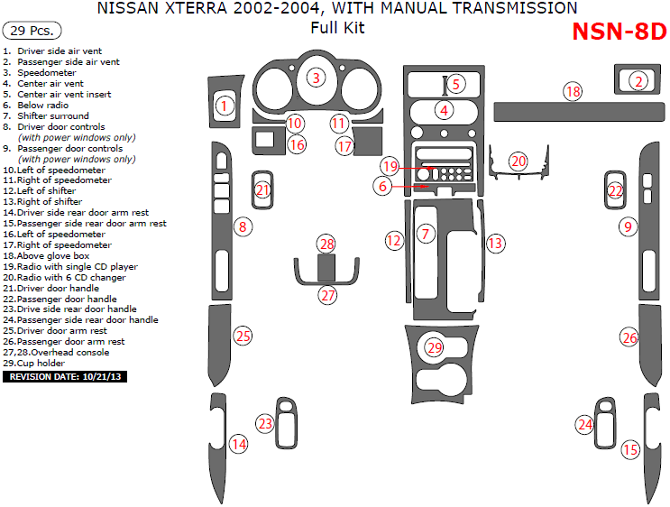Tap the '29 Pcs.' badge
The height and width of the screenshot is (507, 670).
pyautogui.click(x=32, y=31)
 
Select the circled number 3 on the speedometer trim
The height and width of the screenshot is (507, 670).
pyautogui.click(x=316, y=78)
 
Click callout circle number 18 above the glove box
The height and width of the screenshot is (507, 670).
pyautogui.click(x=573, y=91)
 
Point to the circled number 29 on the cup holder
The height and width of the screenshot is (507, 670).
pyautogui.click(x=435, y=347)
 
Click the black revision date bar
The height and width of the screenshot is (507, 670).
pyautogui.click(x=66, y=376)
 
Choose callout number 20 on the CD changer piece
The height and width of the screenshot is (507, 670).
pyautogui.click(x=518, y=161)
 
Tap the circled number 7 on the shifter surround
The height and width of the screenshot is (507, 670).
pyautogui.click(x=426, y=234)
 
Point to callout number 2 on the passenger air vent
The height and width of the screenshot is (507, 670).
pyautogui.click(x=638, y=81)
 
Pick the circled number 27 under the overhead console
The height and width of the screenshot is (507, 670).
pyautogui.click(x=327, y=294)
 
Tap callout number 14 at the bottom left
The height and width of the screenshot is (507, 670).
pyautogui.click(x=238, y=444)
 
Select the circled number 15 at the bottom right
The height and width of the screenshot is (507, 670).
pyautogui.click(x=630, y=449)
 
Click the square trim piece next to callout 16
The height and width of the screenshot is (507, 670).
pyautogui.click(x=265, y=140)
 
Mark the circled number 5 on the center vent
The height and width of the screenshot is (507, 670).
pyautogui.click(x=455, y=85)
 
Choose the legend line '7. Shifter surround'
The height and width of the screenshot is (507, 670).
pyautogui.click(x=52, y=115)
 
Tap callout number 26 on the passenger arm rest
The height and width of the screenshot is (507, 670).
pyautogui.click(x=629, y=337)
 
